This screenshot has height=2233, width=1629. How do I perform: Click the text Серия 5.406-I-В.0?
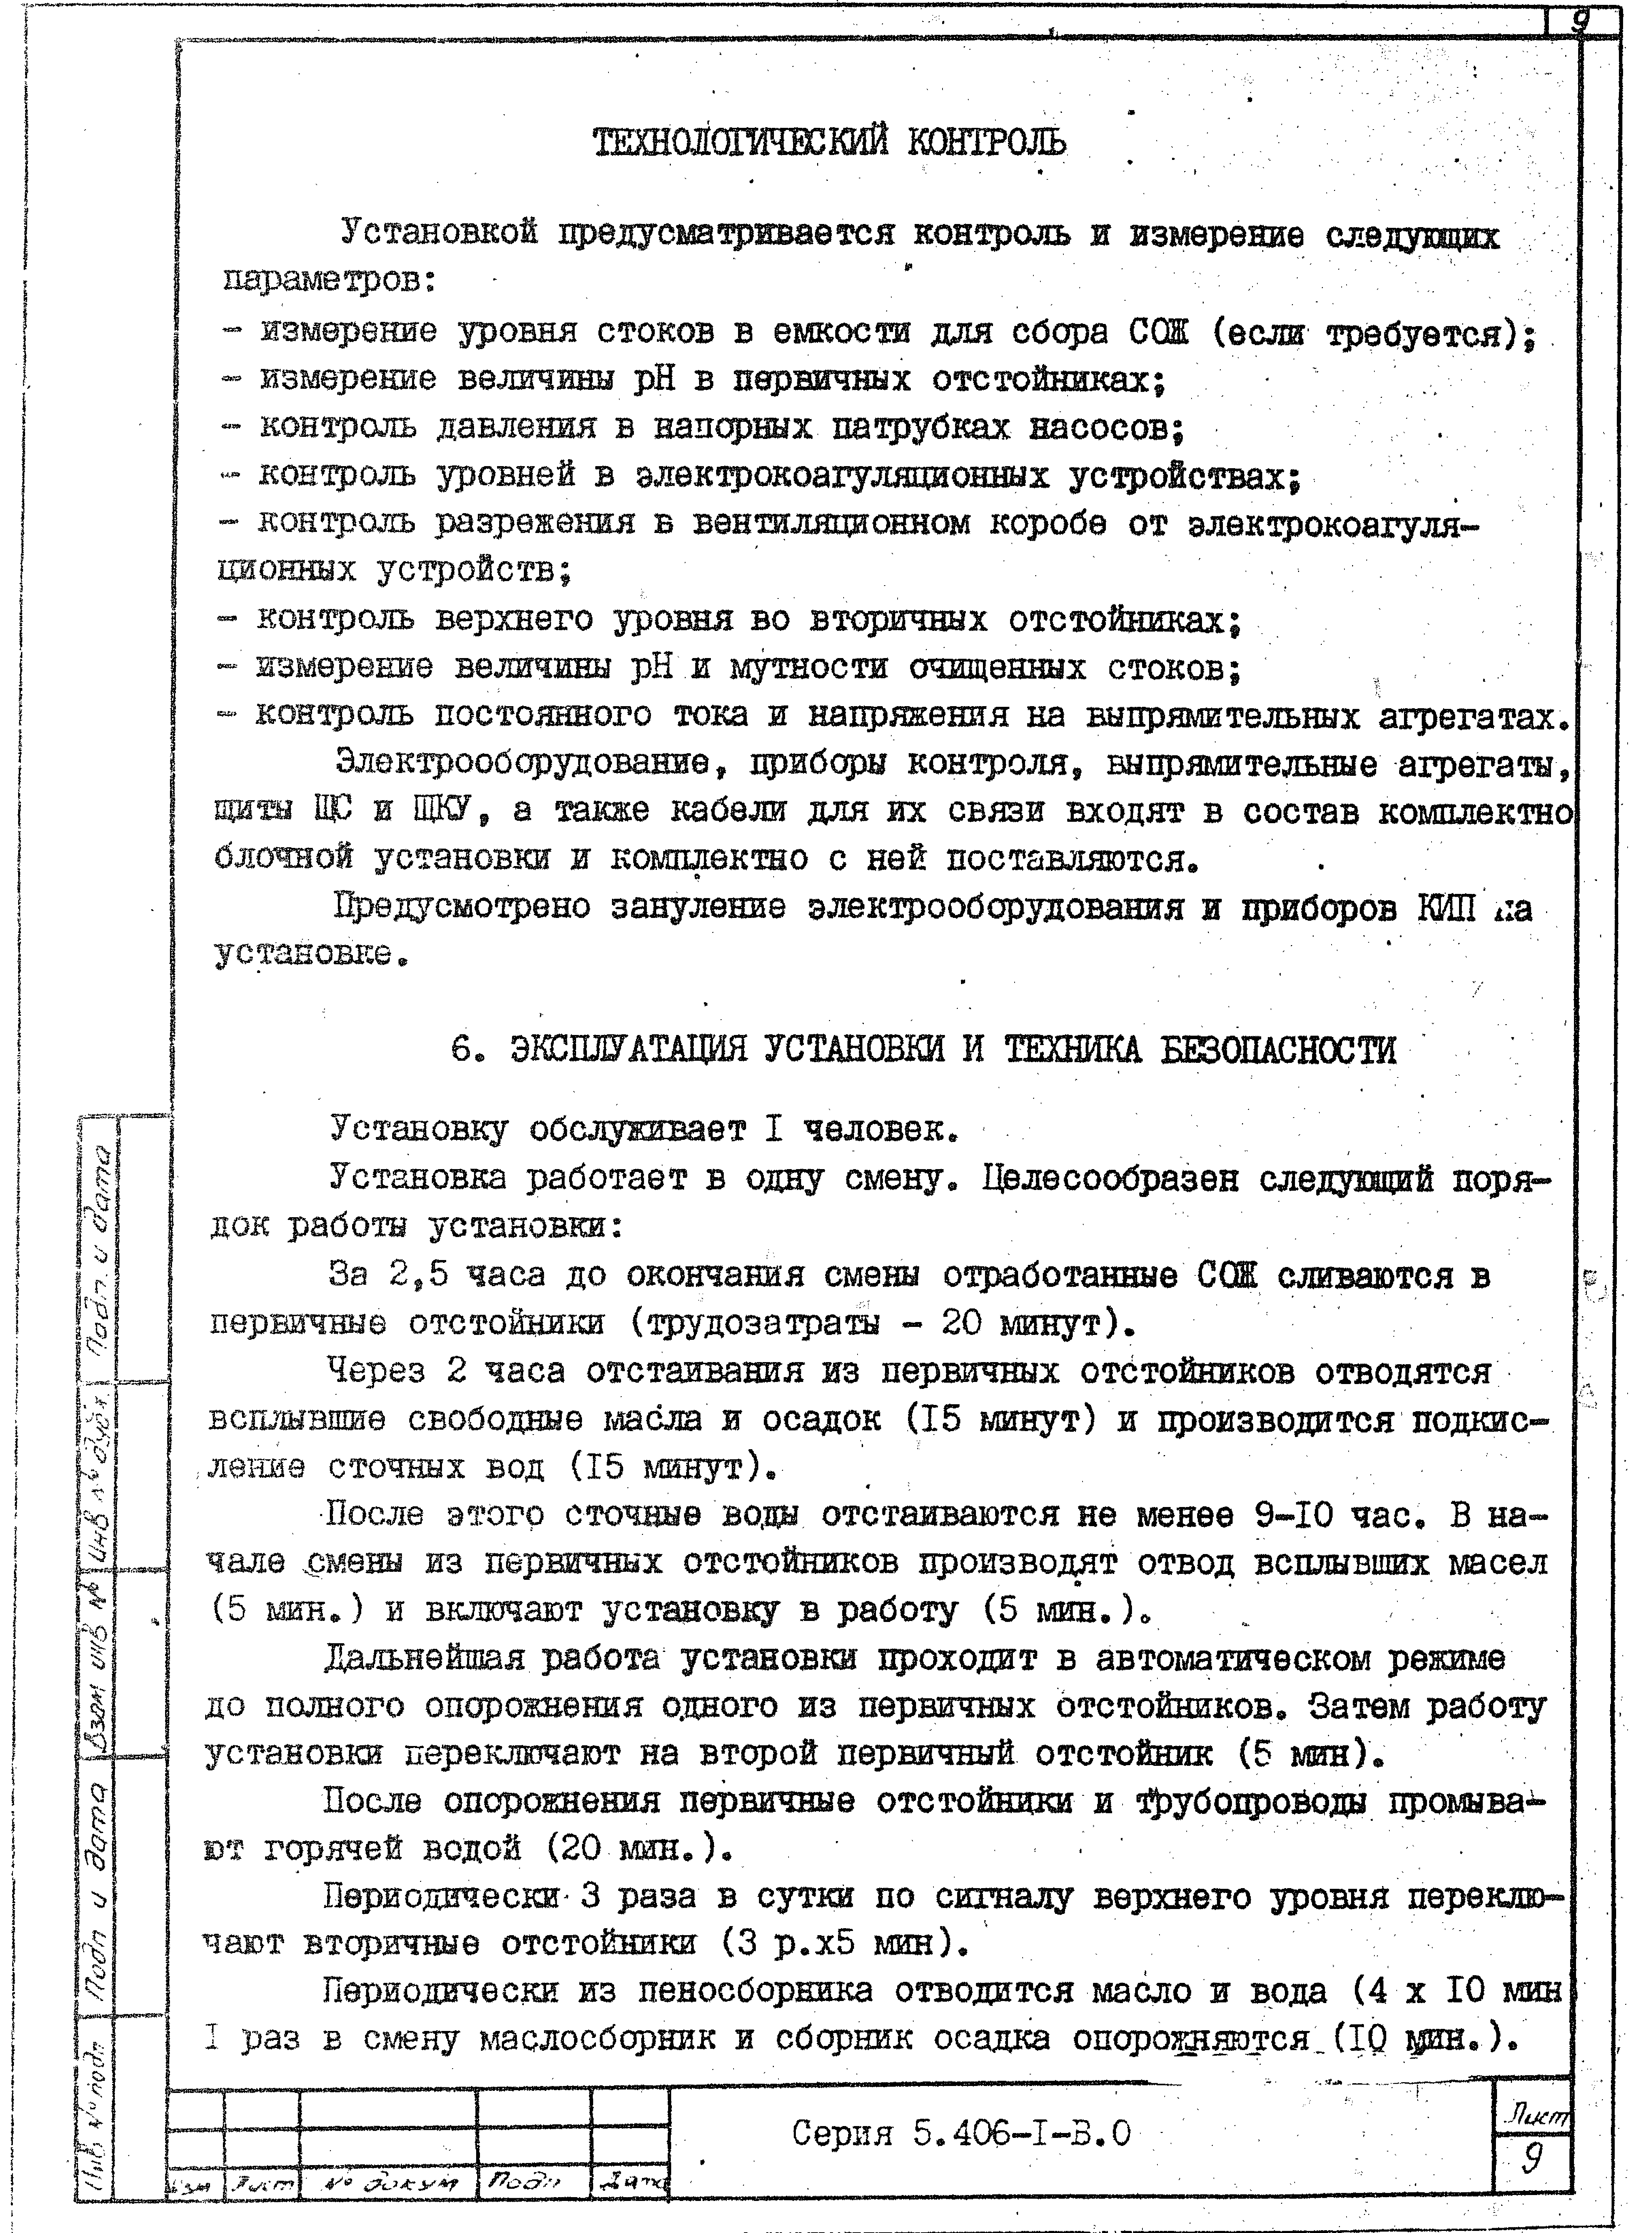tap(961, 2135)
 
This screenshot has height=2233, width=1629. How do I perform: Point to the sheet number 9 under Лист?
tap(1531, 2161)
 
